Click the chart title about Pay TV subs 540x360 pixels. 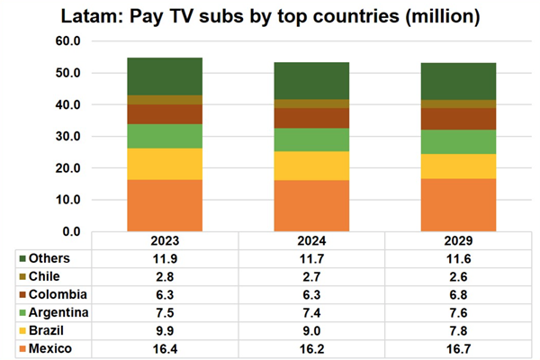pyautogui.click(x=270, y=16)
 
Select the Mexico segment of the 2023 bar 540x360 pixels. pyautogui.click(x=164, y=205)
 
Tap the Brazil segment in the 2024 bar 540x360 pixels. pyautogui.click(x=311, y=166)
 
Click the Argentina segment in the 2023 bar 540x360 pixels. pyautogui.click(x=164, y=136)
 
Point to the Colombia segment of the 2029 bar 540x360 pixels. pyautogui.click(x=459, y=119)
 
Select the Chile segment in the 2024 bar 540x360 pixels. pyautogui.click(x=311, y=103)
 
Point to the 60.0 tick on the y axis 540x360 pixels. pyautogui.click(x=69, y=41)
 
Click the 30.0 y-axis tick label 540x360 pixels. pyautogui.click(x=69, y=137)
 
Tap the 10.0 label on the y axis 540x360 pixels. pyautogui.click(x=69, y=200)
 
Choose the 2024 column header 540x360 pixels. pyautogui.click(x=311, y=241)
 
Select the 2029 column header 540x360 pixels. pyautogui.click(x=459, y=241)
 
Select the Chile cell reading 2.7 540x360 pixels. pyautogui.click(x=311, y=276)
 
